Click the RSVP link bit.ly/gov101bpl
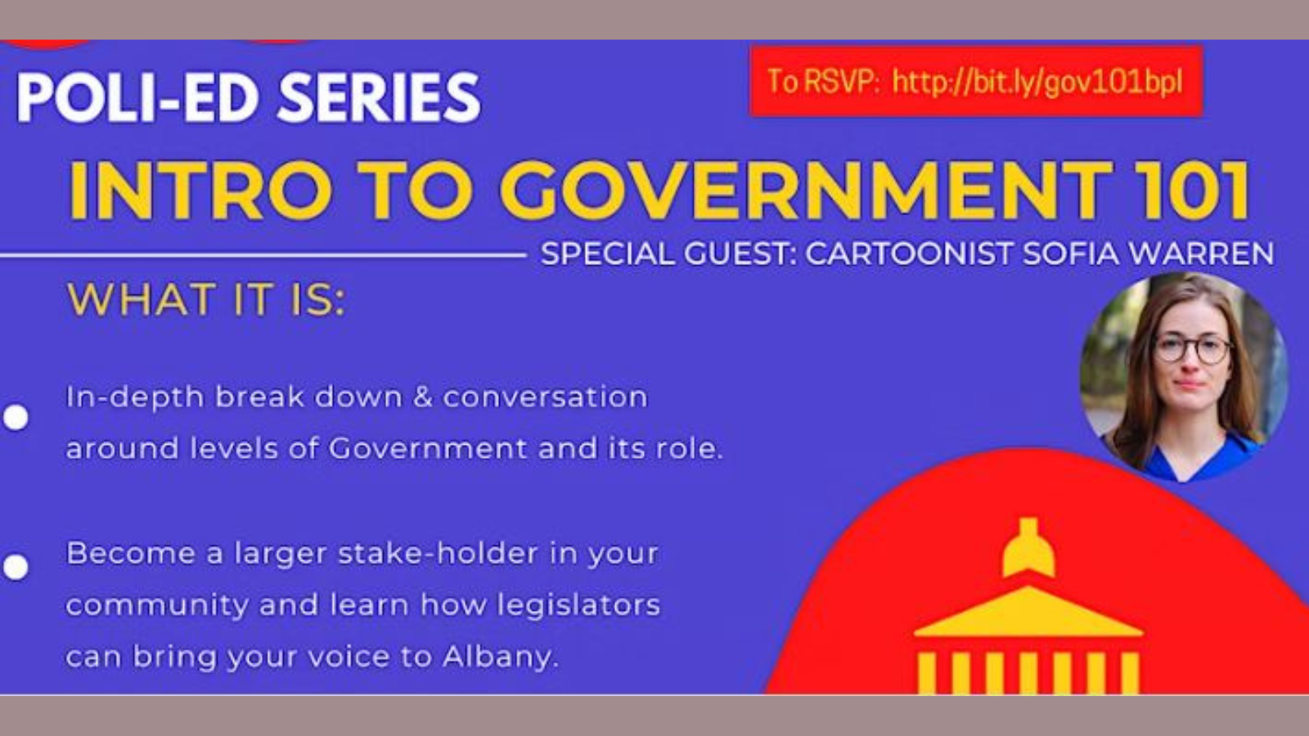click(1037, 82)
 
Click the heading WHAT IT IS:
click(206, 300)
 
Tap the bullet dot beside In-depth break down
click(16, 417)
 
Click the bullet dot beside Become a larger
click(16, 568)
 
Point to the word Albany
click(500, 657)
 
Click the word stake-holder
click(439, 553)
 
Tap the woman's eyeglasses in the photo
click(1192, 349)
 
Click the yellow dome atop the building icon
click(1028, 548)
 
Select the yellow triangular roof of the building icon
click(1028, 613)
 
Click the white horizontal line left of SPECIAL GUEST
click(263, 255)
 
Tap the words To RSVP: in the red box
click(823, 82)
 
